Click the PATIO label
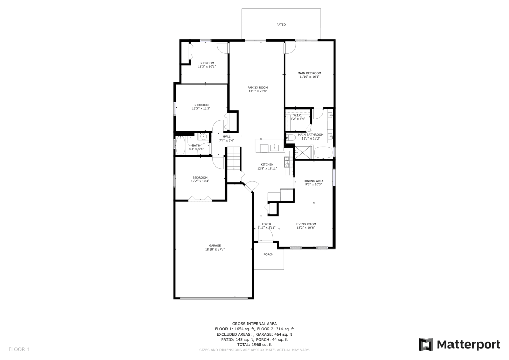pyautogui.click(x=281, y=24)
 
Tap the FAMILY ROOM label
pyautogui.click(x=258, y=87)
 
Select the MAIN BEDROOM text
pyautogui.click(x=309, y=73)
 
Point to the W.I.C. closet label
pyautogui.click(x=298, y=115)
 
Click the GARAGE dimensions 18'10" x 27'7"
pyautogui.click(x=215, y=250)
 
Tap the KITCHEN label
pyautogui.click(x=267, y=164)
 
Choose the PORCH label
pyautogui.click(x=268, y=254)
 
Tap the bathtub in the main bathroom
pyautogui.click(x=323, y=152)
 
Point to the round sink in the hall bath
pyautogui.click(x=203, y=137)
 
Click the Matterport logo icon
pyautogui.click(x=427, y=344)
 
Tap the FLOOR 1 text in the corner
pyautogui.click(x=19, y=349)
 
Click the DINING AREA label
pyautogui.click(x=313, y=181)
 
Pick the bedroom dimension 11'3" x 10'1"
pyautogui.click(x=207, y=66)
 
